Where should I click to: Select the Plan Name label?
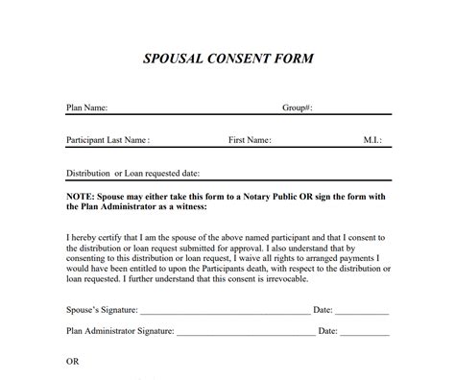86,107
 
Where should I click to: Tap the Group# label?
297,107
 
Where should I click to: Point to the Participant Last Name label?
108,140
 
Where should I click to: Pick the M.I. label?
373,140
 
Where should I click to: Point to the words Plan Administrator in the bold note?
125,208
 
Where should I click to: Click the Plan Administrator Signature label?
120,331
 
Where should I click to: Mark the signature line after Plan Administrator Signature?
246,334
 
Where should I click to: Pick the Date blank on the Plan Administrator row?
366,334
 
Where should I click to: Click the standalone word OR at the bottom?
72,362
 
